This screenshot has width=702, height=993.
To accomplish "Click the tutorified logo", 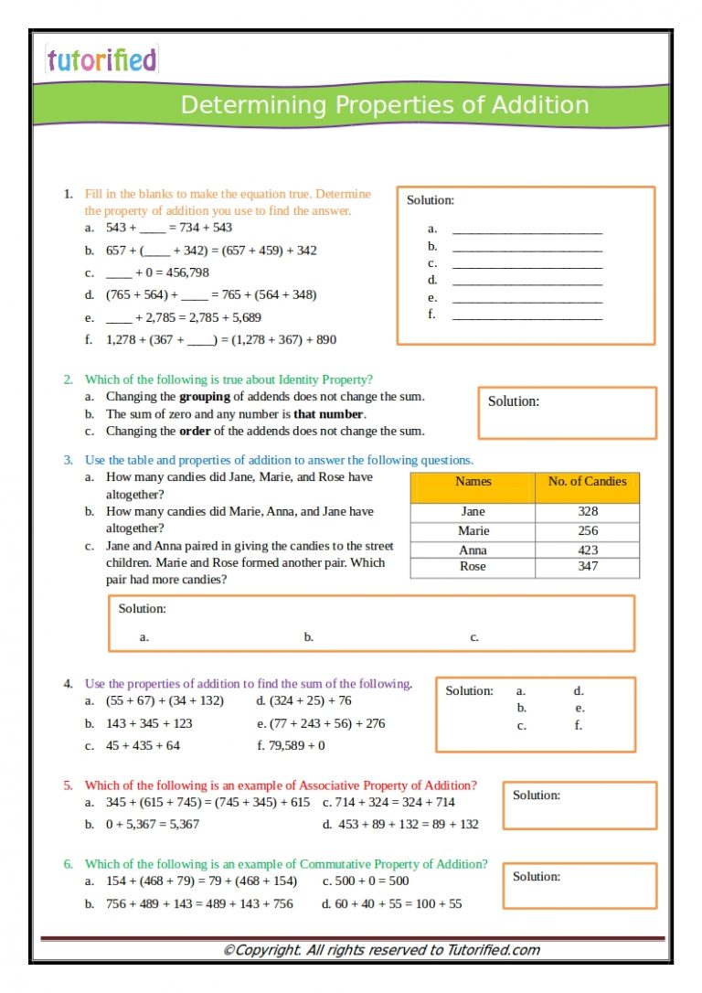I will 101,60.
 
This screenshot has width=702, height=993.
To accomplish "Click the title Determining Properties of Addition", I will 384,104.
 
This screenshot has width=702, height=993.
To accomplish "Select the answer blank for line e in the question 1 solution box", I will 527,298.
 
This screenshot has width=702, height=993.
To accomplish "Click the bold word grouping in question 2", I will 204,397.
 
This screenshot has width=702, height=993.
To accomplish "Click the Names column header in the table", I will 473,482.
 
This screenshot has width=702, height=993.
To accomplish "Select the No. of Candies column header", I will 587,482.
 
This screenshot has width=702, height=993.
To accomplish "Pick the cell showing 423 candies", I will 588,550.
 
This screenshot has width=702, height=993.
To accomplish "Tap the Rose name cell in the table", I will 473,567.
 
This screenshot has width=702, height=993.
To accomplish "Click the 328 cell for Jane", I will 588,512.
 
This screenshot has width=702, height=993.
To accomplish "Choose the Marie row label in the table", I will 473,531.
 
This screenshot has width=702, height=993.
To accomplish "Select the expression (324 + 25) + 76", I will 310,700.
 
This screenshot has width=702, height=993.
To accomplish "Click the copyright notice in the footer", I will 381,950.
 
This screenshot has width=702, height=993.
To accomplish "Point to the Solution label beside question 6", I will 536,876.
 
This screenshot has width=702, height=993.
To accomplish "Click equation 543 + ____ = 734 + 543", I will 169,228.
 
